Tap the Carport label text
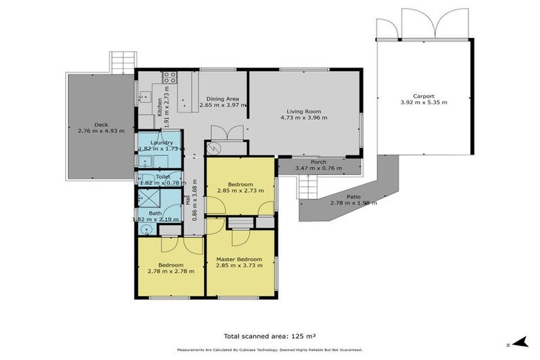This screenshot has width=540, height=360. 423,96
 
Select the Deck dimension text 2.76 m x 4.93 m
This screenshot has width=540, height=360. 101,131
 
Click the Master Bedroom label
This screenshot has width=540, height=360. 239,258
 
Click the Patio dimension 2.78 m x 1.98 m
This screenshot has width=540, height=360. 354,203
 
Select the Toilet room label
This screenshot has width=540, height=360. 162,176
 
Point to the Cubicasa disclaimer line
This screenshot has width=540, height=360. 269,349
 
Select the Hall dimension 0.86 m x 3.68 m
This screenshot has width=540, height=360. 195,200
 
